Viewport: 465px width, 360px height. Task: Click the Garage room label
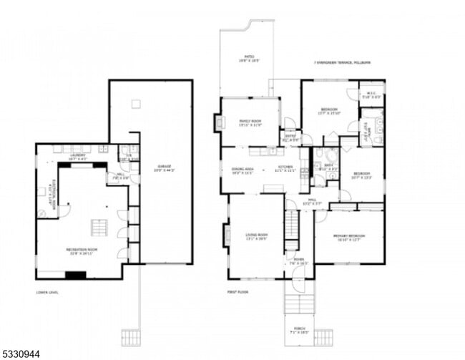pyautogui.click(x=163, y=168)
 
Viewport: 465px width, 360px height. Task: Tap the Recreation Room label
pyautogui.click(x=84, y=250)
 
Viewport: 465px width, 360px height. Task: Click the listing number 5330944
pyautogui.click(x=21, y=353)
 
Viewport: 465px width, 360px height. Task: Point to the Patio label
pyautogui.click(x=249, y=57)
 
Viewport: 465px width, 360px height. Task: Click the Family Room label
pyautogui.click(x=250, y=122)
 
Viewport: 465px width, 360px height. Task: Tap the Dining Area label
pyautogui.click(x=243, y=170)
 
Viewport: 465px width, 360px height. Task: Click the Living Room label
pyautogui.click(x=255, y=236)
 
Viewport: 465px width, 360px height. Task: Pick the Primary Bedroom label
pyautogui.click(x=348, y=237)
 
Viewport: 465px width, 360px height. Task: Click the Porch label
pyautogui.click(x=299, y=331)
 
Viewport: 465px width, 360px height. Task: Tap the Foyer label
pyautogui.click(x=299, y=261)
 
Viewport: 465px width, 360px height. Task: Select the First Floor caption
pyautogui.click(x=238, y=292)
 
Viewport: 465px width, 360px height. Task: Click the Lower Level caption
pyautogui.click(x=47, y=292)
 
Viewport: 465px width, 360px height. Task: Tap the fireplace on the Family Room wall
pyautogui.click(x=219, y=123)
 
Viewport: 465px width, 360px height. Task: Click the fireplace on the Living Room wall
pyautogui.click(x=227, y=234)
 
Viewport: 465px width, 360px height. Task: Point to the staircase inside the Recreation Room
pyautogui.click(x=99, y=228)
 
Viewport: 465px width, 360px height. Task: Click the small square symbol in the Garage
pyautogui.click(x=136, y=104)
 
